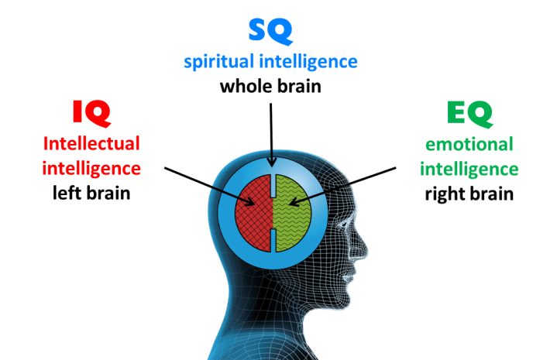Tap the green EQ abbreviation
pyautogui.click(x=469, y=115)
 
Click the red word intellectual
pyautogui.click(x=91, y=144)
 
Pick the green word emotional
pyautogui.click(x=469, y=145)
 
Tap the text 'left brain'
pyautogui.click(x=91, y=193)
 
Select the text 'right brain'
pyautogui.click(x=469, y=193)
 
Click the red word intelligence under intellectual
pyautogui.click(x=91, y=168)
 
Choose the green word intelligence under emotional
pyautogui.click(x=469, y=169)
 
